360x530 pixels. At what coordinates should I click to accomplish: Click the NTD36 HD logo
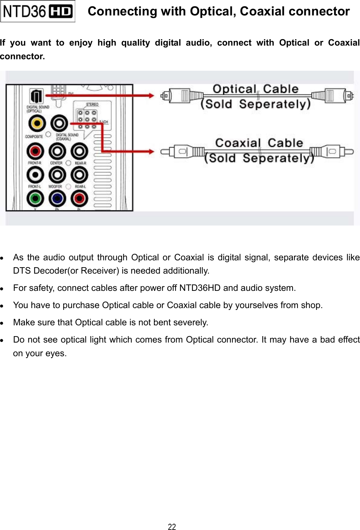click(38, 11)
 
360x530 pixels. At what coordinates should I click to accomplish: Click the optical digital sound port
click(36, 96)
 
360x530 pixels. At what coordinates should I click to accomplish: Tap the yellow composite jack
click(37, 124)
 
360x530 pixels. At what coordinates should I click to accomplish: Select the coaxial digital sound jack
click(59, 124)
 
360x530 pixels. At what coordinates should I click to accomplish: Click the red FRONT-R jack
click(35, 151)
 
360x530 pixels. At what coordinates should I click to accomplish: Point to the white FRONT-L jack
click(35, 175)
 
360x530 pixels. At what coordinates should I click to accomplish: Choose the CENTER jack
click(57, 151)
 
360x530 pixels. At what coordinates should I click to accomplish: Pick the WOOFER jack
click(57, 175)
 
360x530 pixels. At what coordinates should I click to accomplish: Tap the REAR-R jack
click(79, 151)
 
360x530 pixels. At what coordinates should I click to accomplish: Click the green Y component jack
click(35, 198)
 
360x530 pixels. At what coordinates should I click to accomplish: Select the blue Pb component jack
click(57, 198)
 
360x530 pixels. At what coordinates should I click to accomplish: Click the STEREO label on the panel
click(92, 104)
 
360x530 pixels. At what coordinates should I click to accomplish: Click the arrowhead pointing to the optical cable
click(150, 96)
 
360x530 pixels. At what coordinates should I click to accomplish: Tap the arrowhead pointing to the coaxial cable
click(150, 152)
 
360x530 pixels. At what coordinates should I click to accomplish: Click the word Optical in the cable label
click(234, 89)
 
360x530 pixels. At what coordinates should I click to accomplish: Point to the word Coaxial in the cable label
click(238, 143)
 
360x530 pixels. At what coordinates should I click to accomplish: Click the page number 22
click(172, 526)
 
